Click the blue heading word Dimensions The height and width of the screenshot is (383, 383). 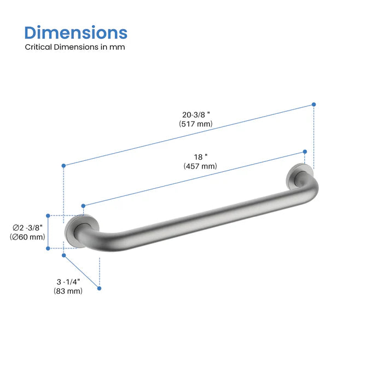click(76, 32)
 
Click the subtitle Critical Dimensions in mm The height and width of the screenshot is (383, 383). click(75, 47)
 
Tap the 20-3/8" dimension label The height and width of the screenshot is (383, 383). click(196, 114)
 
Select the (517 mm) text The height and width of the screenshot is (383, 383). click(195, 124)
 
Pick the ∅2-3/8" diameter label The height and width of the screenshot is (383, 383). click(27, 228)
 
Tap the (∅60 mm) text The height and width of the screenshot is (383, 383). click(27, 237)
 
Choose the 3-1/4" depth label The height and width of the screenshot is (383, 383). click(68, 281)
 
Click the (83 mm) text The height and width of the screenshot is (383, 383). click(68, 291)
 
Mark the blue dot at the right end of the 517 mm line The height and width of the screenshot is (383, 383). click(314, 104)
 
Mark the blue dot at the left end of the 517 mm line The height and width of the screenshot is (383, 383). click(64, 165)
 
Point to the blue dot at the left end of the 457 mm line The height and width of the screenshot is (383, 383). click(83, 206)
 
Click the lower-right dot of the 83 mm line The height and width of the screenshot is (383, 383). click(100, 288)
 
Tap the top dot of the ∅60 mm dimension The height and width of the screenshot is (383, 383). click(48, 216)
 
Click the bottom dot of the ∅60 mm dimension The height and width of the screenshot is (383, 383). click(48, 248)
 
